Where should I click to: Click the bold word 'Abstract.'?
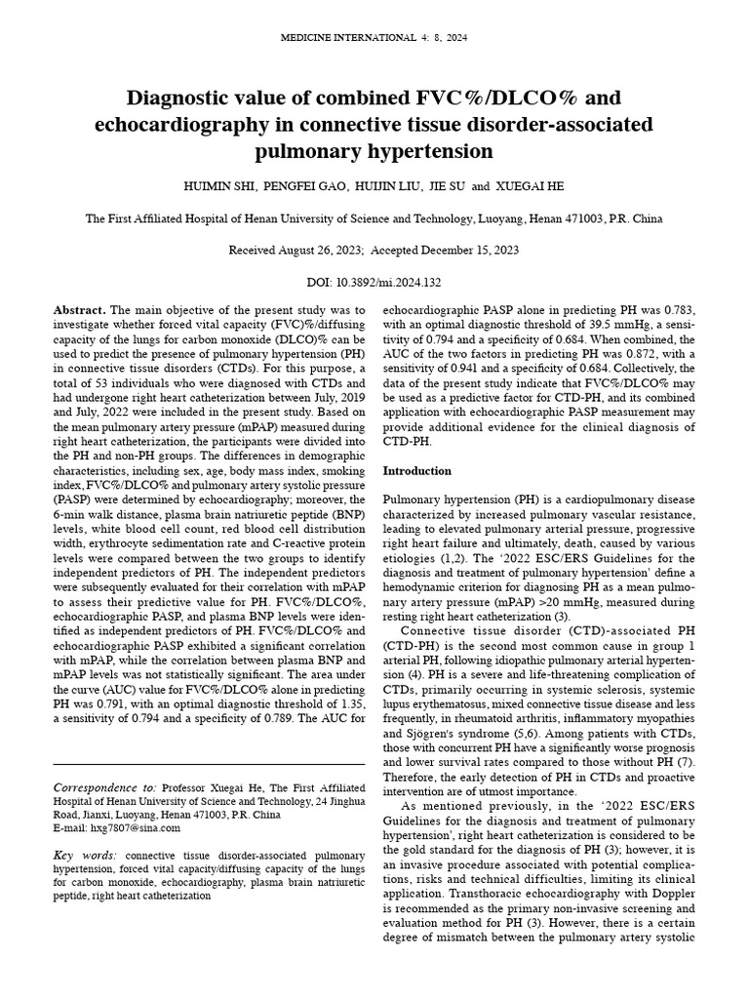(x=81, y=309)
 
